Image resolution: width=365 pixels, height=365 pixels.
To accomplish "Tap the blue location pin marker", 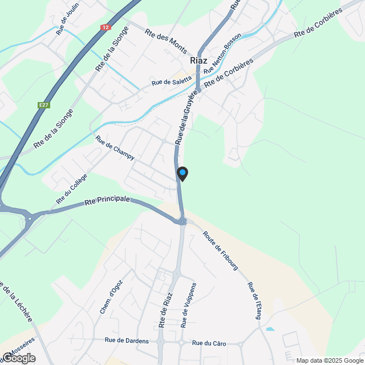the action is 182,173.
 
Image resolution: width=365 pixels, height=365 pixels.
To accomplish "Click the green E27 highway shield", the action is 43,105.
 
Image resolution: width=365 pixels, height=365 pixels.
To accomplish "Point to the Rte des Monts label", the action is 166,42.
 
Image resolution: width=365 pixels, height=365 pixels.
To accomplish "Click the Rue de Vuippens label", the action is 189,305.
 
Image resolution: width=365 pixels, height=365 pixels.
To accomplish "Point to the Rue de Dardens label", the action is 127,341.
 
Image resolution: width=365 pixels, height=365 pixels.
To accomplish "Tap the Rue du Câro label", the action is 209,343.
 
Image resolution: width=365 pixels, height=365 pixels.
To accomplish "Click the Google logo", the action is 19,358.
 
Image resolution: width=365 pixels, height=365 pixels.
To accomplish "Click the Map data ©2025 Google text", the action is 329,360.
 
